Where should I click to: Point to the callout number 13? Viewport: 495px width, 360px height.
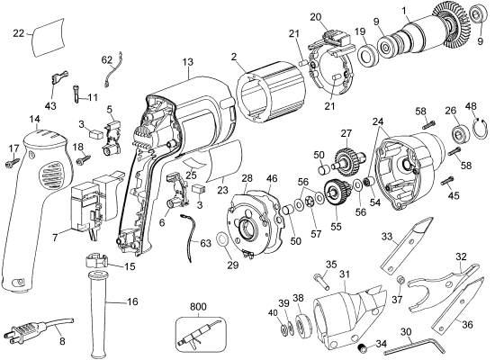[x=187, y=62]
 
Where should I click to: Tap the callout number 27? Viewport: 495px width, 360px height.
[x=346, y=133]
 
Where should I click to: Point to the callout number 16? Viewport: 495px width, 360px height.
[x=132, y=301]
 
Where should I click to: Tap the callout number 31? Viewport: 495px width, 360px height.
[x=345, y=274]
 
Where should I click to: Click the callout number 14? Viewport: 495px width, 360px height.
[x=34, y=118]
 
